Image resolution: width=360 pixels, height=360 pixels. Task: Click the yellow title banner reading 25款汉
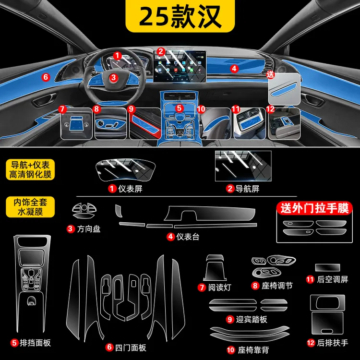click(x=180, y=16)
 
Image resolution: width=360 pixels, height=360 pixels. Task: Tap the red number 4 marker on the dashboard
click(x=234, y=69)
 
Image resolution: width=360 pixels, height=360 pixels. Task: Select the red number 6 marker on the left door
click(x=46, y=77)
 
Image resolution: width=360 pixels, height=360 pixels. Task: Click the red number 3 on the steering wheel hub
click(x=113, y=77)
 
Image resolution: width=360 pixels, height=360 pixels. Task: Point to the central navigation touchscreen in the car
click(x=180, y=66)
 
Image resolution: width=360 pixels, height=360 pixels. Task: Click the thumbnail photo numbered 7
click(x=76, y=123)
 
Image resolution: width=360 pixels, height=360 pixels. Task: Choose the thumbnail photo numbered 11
click(x=250, y=123)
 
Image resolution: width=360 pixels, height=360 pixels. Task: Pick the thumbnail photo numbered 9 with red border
click(x=145, y=123)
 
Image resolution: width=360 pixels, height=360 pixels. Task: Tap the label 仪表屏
click(x=130, y=189)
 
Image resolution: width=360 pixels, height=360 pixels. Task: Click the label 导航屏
click(x=247, y=189)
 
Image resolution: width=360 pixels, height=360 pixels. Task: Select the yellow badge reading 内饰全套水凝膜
click(x=30, y=207)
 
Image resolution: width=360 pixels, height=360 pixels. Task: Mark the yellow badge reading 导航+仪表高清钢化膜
click(x=30, y=169)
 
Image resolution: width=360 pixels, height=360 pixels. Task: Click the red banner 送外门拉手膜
click(x=314, y=208)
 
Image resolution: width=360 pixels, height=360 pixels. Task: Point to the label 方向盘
click(x=89, y=229)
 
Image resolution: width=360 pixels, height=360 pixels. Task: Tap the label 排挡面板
click(x=35, y=343)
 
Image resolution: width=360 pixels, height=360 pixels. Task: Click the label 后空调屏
click(x=333, y=279)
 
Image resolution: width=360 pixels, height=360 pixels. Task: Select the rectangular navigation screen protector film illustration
click(x=243, y=166)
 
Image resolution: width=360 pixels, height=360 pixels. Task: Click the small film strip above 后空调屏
click(x=327, y=267)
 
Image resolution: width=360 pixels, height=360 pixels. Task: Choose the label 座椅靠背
click(x=253, y=350)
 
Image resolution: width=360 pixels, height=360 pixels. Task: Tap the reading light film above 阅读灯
click(x=215, y=268)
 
